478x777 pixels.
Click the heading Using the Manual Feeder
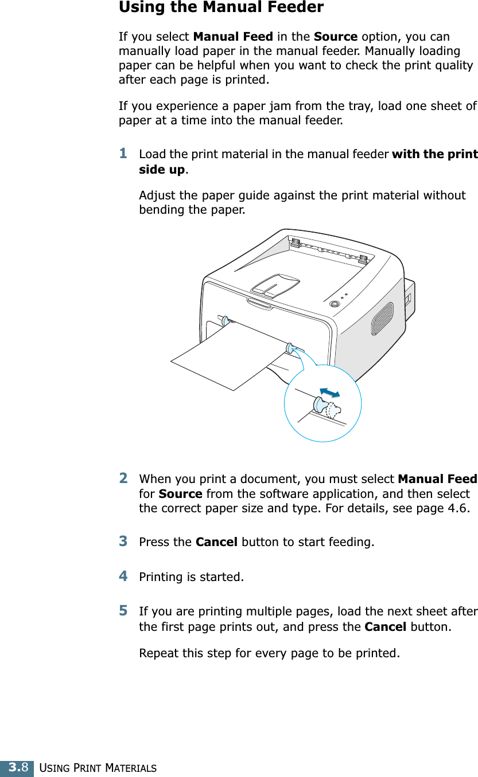(x=221, y=7)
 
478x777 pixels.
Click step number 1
(x=123, y=154)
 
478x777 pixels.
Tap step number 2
(x=123, y=478)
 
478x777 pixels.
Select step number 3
(x=123, y=541)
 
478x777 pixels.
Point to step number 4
(x=123, y=576)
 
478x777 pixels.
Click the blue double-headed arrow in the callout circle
(x=330, y=392)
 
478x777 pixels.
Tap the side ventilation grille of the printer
(x=382, y=319)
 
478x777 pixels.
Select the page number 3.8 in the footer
(x=17, y=767)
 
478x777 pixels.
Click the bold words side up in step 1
(x=162, y=170)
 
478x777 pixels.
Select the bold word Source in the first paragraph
(x=336, y=37)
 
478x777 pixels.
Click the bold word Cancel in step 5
(x=386, y=627)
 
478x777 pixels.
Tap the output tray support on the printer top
(x=275, y=284)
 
